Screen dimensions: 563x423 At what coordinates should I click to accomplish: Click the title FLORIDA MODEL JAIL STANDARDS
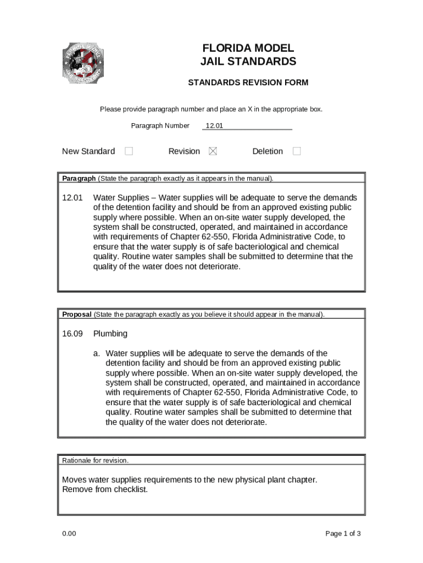(x=248, y=55)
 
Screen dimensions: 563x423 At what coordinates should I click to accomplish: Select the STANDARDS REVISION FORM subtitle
(x=248, y=83)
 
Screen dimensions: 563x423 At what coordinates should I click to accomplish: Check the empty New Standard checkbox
(x=129, y=151)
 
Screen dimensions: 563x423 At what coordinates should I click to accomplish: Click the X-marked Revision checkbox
(x=213, y=151)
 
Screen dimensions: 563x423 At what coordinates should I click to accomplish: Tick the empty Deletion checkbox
(x=297, y=151)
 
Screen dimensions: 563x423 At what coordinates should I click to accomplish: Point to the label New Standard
(x=88, y=151)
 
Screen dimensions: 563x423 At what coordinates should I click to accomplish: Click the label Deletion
(x=268, y=151)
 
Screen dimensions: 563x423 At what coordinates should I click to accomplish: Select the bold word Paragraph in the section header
(x=79, y=179)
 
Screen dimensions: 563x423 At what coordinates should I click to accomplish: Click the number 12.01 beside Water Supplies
(x=73, y=198)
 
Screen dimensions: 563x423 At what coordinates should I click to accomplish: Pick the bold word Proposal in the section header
(x=77, y=314)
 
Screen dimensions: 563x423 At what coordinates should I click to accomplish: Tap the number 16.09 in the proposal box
(x=73, y=334)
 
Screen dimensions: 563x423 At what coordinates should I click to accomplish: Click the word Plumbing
(x=110, y=334)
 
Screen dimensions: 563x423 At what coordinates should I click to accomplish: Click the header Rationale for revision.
(x=95, y=461)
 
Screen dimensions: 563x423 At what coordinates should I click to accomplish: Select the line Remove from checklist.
(x=105, y=489)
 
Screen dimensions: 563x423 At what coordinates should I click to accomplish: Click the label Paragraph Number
(x=160, y=126)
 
